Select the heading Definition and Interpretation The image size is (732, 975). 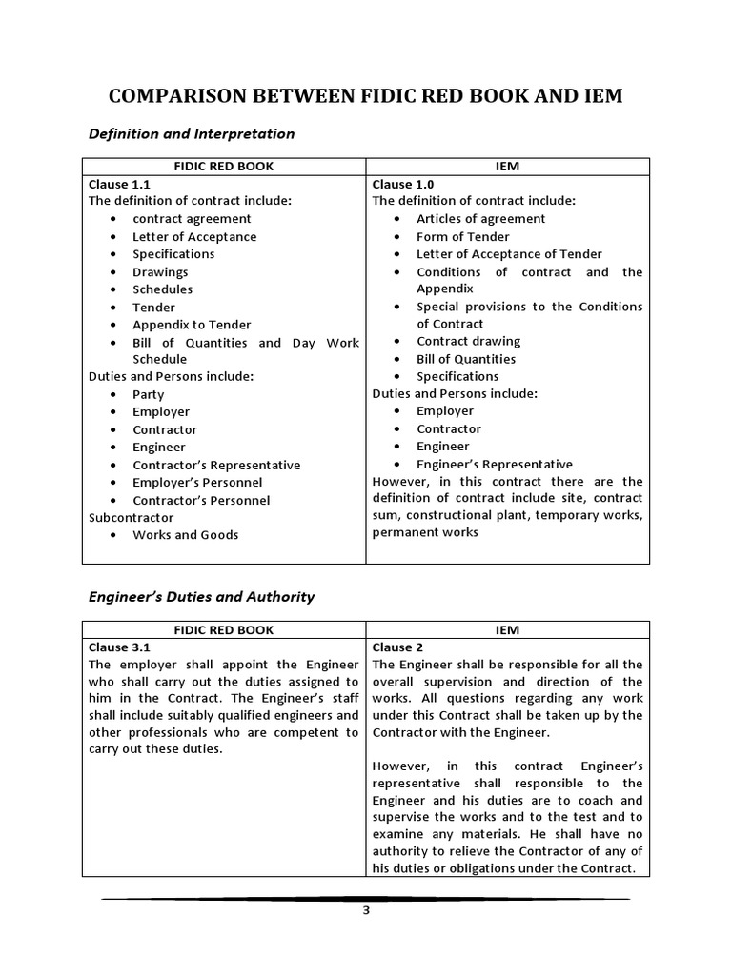[x=192, y=133]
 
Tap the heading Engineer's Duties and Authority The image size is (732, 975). [x=201, y=597]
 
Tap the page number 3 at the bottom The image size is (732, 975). [x=365, y=909]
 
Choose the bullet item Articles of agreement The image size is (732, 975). [x=480, y=218]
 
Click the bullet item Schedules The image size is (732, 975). [x=162, y=289]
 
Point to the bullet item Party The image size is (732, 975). [x=148, y=394]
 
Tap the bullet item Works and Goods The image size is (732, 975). [x=185, y=534]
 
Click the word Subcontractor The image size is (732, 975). [x=131, y=517]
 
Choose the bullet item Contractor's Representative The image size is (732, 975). [x=215, y=465]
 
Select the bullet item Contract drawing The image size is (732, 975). [x=468, y=341]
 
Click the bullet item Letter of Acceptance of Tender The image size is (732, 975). [x=509, y=253]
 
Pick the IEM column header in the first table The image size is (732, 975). [x=507, y=166]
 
